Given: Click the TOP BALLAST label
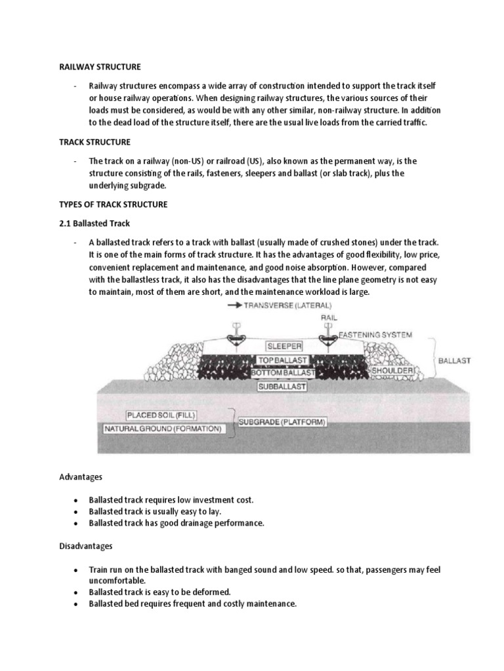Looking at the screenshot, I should click(283, 360).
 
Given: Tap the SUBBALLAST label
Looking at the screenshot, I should click(283, 386).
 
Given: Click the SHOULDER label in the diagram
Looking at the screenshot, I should click(392, 371).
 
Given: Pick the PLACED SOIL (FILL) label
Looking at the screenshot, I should click(161, 415).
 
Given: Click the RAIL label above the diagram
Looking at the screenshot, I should click(330, 316).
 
